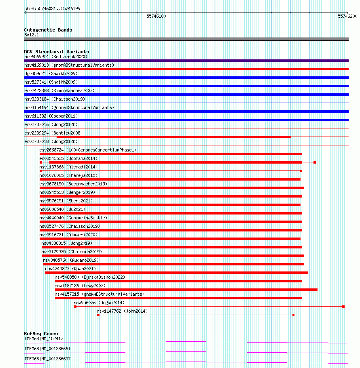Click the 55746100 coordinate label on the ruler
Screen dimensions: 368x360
point(156,16)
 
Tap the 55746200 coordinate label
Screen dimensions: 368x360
point(347,16)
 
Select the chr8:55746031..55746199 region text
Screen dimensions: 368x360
point(52,8)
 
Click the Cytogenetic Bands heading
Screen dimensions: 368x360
point(48,30)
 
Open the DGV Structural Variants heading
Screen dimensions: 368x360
point(57,52)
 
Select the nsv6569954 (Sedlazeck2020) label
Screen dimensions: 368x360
point(56,57)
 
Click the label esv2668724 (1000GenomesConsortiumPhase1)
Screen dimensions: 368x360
point(88,150)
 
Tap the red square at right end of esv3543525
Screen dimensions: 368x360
point(315,162)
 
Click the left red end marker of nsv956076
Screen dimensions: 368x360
point(75,307)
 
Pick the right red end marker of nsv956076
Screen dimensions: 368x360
point(343,307)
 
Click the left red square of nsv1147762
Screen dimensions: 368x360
point(98,315)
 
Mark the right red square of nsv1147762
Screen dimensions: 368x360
point(293,315)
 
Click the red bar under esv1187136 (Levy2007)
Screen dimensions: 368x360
point(186,290)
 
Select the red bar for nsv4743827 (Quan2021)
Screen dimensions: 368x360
point(176,273)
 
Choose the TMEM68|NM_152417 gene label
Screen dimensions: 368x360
point(44,339)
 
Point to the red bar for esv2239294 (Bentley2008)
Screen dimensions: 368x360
point(157,137)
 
